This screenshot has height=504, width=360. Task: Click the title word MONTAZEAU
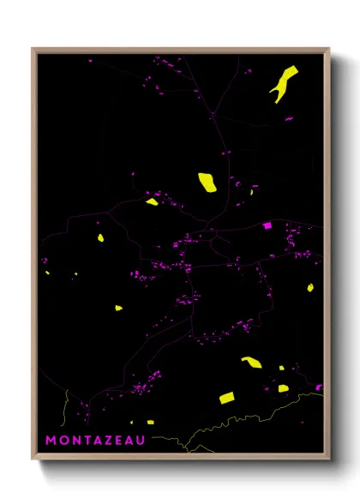[95, 441]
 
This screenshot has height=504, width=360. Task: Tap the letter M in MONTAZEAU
[51, 441]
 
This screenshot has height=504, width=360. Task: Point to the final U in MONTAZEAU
[141, 441]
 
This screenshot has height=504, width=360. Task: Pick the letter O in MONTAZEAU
[63, 441]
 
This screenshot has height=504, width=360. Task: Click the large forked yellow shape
[283, 83]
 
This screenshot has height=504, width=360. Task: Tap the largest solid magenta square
[267, 225]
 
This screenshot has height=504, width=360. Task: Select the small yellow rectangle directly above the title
[149, 422]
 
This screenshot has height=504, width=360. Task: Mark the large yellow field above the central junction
[207, 182]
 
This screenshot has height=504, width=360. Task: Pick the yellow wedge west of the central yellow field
[152, 202]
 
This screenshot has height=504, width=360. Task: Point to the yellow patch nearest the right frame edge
[310, 288]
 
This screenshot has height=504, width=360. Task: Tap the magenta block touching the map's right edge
[318, 387]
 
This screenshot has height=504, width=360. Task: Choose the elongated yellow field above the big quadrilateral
[251, 363]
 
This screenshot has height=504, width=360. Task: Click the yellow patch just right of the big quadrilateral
[283, 388]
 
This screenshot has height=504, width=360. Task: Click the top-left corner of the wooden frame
[33, 49]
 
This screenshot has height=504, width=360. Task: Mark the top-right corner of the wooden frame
[329, 49]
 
